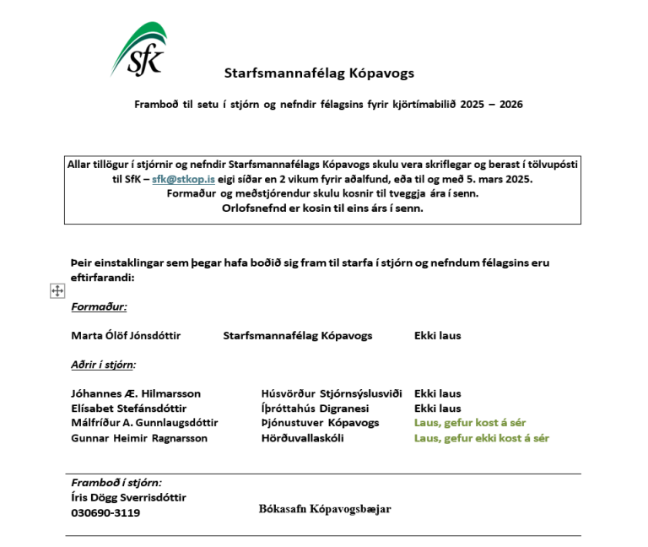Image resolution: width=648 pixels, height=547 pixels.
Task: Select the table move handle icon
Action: pos(57,290)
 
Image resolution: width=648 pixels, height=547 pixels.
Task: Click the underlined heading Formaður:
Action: pos(99,307)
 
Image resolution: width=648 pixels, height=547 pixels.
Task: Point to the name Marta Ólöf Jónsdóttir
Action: pos(126,335)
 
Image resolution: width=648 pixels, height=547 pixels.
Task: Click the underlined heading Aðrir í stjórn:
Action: pos(103,365)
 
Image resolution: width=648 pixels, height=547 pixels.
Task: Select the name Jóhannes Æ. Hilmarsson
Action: pos(136,393)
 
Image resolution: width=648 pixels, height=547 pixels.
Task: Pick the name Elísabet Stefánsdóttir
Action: pos(128,408)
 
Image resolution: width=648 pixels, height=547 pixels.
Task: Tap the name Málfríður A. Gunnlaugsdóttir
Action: pos(144,422)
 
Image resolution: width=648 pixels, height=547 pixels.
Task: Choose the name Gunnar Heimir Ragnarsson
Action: pos(139,438)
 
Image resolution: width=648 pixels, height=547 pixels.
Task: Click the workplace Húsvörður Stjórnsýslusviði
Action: pos(332,393)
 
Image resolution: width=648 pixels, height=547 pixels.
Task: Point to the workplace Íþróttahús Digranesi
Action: pos(316,408)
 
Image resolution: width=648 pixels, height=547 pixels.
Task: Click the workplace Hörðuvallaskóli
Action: pos(303,438)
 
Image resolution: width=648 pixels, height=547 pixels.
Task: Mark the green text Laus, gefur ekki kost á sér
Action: pos(481,438)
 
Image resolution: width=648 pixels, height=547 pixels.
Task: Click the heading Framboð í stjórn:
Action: pos(116,483)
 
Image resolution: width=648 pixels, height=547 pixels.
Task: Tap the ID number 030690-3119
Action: pos(105,512)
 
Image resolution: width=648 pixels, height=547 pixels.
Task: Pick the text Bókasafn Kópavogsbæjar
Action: pos(325,508)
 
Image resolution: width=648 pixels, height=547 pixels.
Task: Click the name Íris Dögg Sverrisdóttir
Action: pos(128,497)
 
